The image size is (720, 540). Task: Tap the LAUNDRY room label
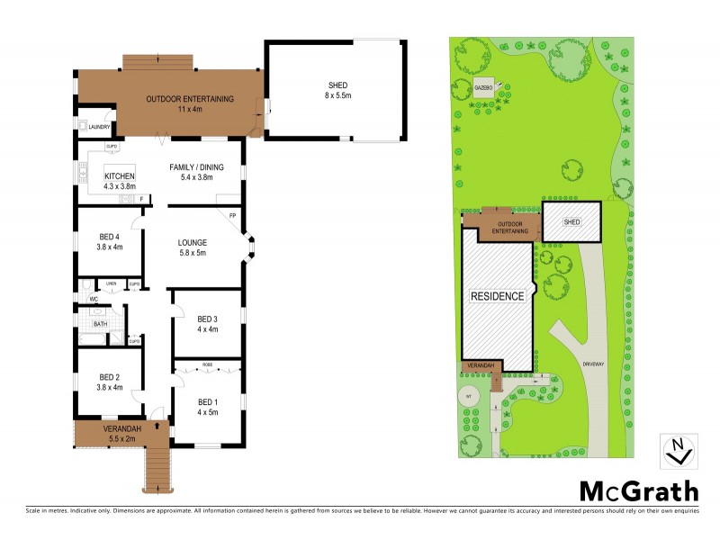tap(99, 127)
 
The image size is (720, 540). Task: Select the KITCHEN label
tap(120, 175)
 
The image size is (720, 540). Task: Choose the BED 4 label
tap(110, 238)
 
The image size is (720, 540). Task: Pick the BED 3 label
tap(207, 319)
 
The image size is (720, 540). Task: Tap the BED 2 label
tap(110, 377)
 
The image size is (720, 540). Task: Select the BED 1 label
tap(207, 400)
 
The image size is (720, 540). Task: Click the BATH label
tap(99, 323)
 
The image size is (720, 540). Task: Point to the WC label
tap(93, 299)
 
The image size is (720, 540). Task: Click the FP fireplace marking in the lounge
tap(231, 216)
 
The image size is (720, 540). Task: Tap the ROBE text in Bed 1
tap(207, 365)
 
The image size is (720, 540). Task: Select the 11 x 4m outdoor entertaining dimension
tap(190, 109)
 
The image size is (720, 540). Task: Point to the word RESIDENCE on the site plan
tap(497, 295)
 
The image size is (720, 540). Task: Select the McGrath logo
tap(638, 491)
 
